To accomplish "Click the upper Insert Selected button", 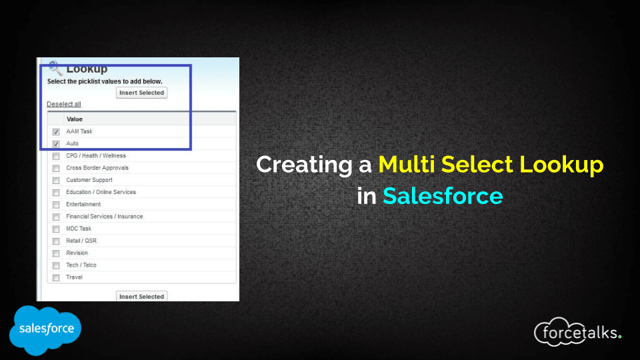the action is tap(141, 93).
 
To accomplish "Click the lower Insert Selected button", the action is tap(141, 296).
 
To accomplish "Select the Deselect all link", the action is tap(64, 104).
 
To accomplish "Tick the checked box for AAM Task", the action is tap(56, 131).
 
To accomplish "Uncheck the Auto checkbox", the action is tap(56, 144).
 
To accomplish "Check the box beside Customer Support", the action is tap(56, 180).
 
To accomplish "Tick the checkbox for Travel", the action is tap(56, 277).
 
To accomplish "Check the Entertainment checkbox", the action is tap(56, 205).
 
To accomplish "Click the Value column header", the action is tap(74, 119).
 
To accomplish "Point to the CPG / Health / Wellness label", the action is tap(96, 155).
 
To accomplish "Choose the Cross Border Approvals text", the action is tap(97, 168).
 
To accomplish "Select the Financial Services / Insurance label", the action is tap(105, 216).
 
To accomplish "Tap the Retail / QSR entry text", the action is tap(81, 241).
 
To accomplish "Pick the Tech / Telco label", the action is tap(81, 265).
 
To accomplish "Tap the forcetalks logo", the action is tap(578, 332).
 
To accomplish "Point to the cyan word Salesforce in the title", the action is tap(443, 196).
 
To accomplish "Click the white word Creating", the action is tap(304, 165).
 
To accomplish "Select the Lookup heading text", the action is tap(87, 69).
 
